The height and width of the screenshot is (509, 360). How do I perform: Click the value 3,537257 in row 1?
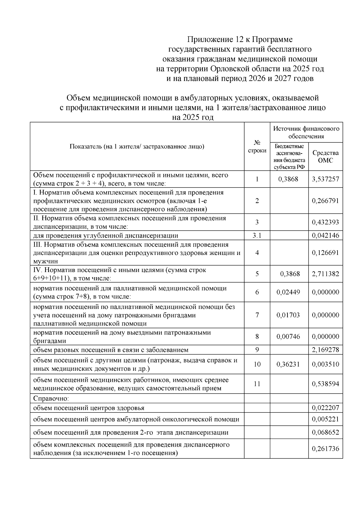(x=325, y=179)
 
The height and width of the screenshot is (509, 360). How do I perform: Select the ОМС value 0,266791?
(x=325, y=201)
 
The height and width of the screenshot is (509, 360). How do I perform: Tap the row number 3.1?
(x=257, y=235)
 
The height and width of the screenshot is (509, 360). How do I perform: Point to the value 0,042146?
(x=325, y=235)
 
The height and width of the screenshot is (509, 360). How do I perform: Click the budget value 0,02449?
(x=288, y=292)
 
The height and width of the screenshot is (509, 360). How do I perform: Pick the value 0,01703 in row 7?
(x=288, y=315)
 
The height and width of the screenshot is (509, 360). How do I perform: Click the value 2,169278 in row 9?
(x=325, y=350)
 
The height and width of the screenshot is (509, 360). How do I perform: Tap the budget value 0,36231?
(x=288, y=364)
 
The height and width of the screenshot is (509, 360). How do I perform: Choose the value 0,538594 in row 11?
(x=325, y=384)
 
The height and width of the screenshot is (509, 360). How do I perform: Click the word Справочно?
(x=51, y=399)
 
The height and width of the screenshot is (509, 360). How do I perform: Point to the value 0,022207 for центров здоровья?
(x=325, y=408)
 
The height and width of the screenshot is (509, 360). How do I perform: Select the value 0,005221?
(x=325, y=419)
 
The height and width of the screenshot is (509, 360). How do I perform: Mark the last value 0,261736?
(x=325, y=449)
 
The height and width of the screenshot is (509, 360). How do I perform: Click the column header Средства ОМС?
(x=325, y=157)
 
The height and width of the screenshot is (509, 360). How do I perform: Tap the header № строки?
(x=257, y=146)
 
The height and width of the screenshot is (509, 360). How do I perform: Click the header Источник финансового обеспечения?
(x=306, y=132)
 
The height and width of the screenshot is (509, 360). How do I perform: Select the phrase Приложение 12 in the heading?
(x=213, y=40)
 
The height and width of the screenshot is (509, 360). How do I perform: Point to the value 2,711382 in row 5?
(x=325, y=274)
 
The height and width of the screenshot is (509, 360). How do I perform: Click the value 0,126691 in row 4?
(x=325, y=253)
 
